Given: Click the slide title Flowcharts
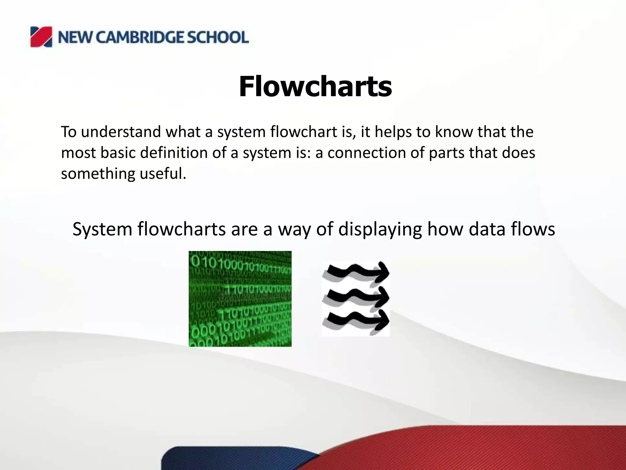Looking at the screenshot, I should [315, 87].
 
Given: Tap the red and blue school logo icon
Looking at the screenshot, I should [41, 37].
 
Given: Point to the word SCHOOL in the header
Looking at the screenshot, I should [218, 37].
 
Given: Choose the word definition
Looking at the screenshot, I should [174, 153].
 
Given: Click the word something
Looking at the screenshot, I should [98, 173].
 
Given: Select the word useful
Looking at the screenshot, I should [163, 173].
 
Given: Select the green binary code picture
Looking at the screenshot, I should [240, 299].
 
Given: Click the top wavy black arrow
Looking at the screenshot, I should [356, 272].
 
